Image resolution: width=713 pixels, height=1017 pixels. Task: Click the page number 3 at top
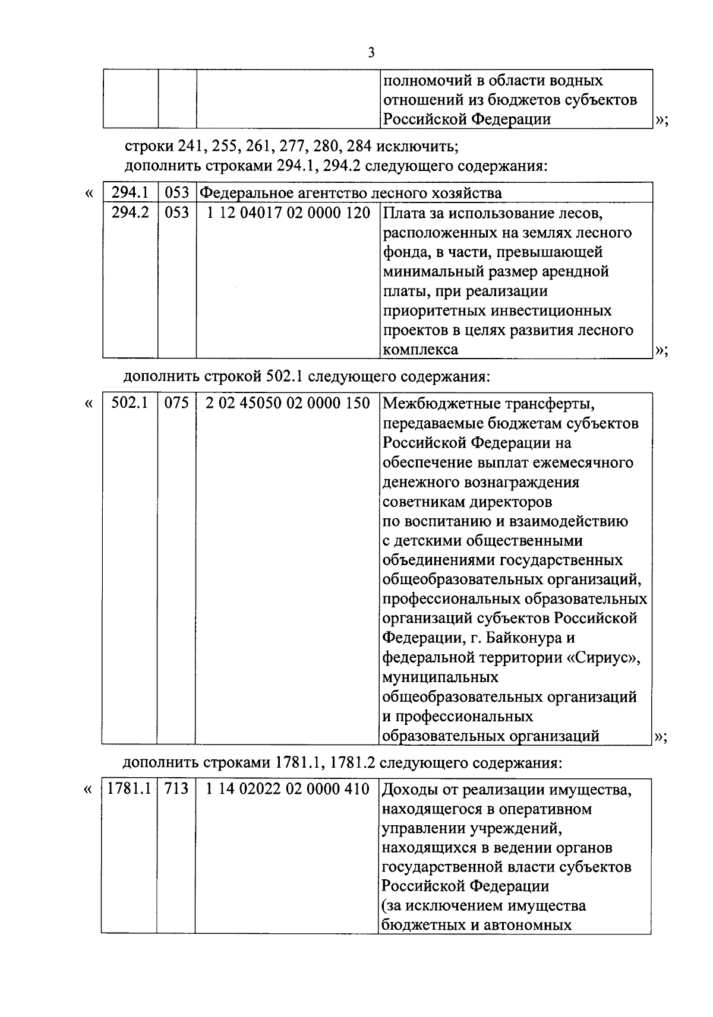[x=371, y=53]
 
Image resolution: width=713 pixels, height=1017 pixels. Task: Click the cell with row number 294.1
[x=130, y=192]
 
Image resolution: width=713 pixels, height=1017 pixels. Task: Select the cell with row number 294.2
[x=130, y=212]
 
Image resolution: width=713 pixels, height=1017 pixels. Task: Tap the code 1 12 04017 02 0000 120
[x=288, y=213]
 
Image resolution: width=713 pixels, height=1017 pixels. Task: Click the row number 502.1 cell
[x=130, y=404]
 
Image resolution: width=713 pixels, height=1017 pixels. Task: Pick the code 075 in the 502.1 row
[x=176, y=404]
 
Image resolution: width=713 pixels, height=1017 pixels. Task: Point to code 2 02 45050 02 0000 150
[x=288, y=404]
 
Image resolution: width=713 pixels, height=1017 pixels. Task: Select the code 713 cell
[x=176, y=789]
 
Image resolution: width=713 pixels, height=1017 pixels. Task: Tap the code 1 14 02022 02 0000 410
[x=288, y=790]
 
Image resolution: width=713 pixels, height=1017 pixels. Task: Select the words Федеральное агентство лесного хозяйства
[x=351, y=193]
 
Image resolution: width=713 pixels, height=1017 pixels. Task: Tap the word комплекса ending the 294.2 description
[x=421, y=350]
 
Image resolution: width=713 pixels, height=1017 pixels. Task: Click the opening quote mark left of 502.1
[x=89, y=404]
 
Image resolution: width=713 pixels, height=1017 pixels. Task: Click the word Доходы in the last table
[x=411, y=790]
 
